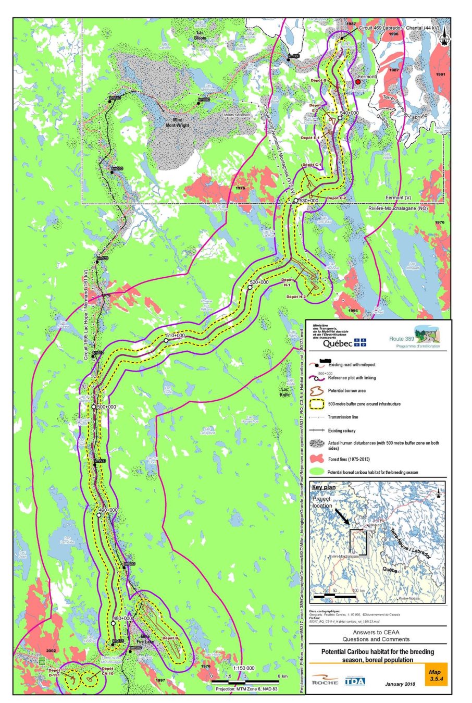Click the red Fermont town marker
358,82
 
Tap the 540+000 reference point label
349,113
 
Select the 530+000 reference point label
308,201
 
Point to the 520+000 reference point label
259,282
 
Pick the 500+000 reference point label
106,407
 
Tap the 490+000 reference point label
108,510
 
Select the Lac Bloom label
200,35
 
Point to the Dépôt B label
170,638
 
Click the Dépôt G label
318,81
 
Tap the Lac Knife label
285,392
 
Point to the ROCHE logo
325,681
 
